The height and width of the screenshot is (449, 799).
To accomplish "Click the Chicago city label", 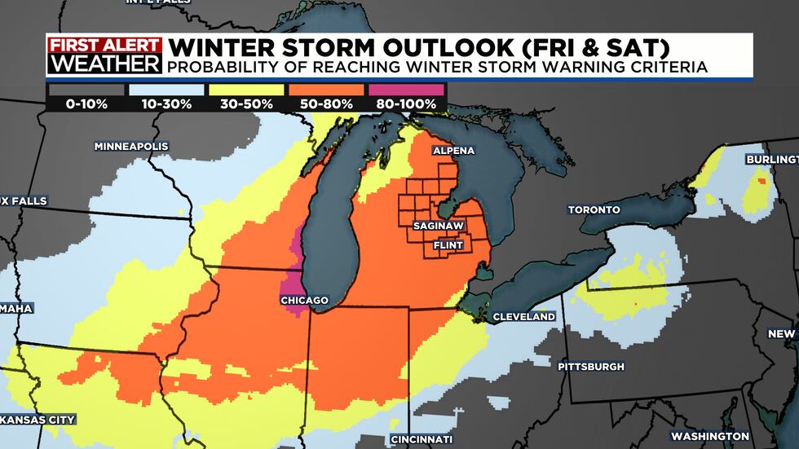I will point(304,301).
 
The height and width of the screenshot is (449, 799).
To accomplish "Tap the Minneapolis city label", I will point(131,146).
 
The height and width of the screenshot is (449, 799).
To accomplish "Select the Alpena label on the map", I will point(452,151).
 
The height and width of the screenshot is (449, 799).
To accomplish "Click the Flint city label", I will point(449,244).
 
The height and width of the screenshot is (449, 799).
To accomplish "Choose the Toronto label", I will point(594,209).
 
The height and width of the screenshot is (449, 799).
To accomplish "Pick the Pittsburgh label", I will point(591,367).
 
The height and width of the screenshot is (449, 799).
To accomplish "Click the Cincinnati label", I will point(422,439).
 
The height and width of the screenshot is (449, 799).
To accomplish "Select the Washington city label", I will point(709,436).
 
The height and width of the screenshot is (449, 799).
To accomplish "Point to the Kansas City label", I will point(38,420).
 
